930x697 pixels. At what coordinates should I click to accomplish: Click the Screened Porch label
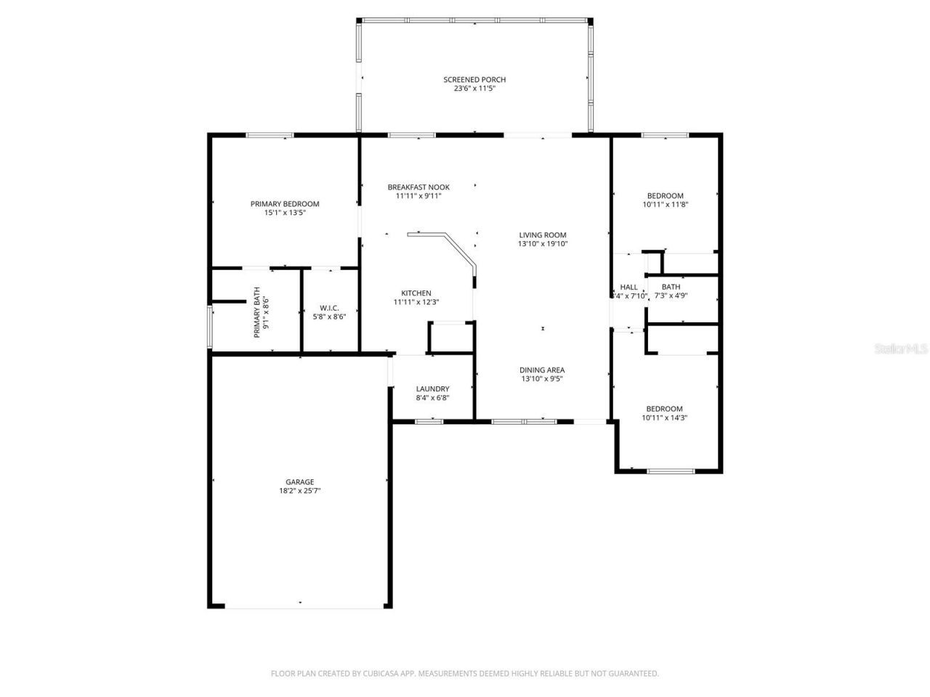[x=474, y=80]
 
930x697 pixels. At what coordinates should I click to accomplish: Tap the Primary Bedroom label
[x=285, y=204]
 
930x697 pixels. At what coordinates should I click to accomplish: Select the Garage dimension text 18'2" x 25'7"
[x=299, y=491]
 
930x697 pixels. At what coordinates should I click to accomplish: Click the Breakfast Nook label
[x=418, y=187]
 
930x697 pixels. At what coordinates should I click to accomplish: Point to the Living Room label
[x=542, y=235]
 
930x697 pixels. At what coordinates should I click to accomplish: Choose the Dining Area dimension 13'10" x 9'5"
[x=542, y=379]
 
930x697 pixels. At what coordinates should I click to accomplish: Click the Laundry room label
[x=432, y=389]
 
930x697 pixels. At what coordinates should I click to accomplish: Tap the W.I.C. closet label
[x=329, y=308]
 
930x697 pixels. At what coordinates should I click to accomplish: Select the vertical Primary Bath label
[x=256, y=313]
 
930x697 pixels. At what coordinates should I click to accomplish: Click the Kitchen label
[x=416, y=293]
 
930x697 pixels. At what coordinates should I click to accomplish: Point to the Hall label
[x=628, y=288]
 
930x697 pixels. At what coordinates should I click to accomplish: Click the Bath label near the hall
[x=671, y=288]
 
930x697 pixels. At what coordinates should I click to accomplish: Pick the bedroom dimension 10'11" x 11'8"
[x=665, y=205]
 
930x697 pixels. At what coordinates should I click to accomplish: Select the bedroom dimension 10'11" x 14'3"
[x=665, y=417]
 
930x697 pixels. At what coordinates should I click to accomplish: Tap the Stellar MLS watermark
[x=901, y=349]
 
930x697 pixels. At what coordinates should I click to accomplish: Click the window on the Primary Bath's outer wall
[x=210, y=327]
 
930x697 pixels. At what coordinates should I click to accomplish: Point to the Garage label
[x=299, y=482]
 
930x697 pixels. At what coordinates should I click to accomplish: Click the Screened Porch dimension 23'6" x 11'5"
[x=474, y=89]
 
